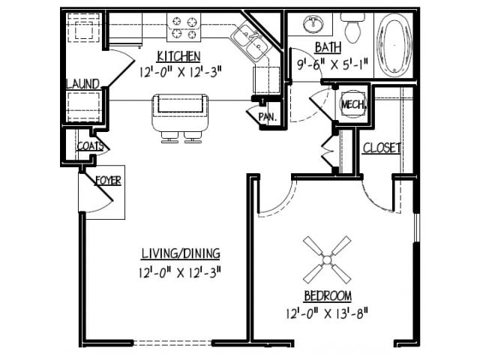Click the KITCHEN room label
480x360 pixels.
coord(178,56)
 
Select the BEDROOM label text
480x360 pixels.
coord(328,295)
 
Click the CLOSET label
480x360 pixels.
coord(382,148)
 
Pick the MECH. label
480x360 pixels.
coord(352,104)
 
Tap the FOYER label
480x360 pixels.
coord(108,180)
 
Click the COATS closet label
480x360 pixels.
coord(89,146)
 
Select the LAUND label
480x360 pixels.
coord(82,83)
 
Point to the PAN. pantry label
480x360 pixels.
coord(267,118)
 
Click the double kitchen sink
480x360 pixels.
coord(250,40)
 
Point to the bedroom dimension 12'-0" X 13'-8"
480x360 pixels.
coord(328,310)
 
